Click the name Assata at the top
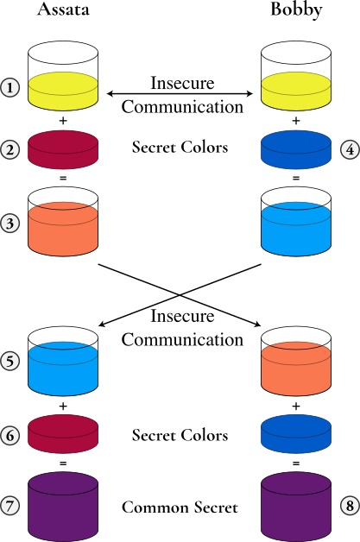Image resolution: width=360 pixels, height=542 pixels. tap(63, 9)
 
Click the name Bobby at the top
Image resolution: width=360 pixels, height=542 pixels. tap(296, 9)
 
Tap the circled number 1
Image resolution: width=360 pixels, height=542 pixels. tap(9, 87)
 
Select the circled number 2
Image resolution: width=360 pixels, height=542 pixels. tap(9, 150)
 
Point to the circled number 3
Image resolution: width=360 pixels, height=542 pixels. tap(9, 223)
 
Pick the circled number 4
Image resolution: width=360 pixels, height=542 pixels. tap(350, 150)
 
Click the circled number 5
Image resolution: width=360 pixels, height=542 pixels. tap(9, 362)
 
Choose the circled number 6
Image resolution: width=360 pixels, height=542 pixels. tap(9, 435)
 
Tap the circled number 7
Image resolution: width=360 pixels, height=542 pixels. tap(9, 506)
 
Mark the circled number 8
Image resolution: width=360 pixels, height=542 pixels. tap(350, 506)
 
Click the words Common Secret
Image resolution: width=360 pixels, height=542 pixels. tap(180, 507)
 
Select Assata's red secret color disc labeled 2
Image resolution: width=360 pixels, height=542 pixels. tap(63, 149)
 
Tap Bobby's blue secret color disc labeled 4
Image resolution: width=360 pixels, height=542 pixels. tap(296, 149)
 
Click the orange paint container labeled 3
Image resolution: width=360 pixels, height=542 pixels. tap(63, 222)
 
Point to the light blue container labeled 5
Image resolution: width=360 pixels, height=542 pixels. tap(63, 362)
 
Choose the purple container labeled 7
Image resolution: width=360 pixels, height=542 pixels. tap(63, 507)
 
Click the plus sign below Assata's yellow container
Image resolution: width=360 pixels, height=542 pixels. tap(63, 121)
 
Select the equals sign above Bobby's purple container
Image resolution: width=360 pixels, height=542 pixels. tap(296, 463)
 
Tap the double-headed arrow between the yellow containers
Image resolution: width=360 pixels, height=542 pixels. tap(180, 93)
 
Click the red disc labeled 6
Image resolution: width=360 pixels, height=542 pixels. tap(63, 435)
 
